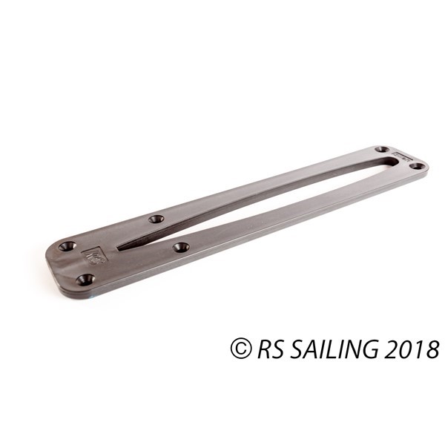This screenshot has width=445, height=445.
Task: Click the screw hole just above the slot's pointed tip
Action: point(156,219)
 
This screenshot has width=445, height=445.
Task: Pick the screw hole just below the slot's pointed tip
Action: point(180,246)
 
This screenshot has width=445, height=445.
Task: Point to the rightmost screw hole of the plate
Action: point(418,165)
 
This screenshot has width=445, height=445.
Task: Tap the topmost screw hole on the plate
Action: point(382,149)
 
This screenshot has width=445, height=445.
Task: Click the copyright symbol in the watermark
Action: point(240,349)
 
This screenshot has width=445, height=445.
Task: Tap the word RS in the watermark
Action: point(267,349)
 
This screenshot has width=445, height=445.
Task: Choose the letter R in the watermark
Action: point(261,349)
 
